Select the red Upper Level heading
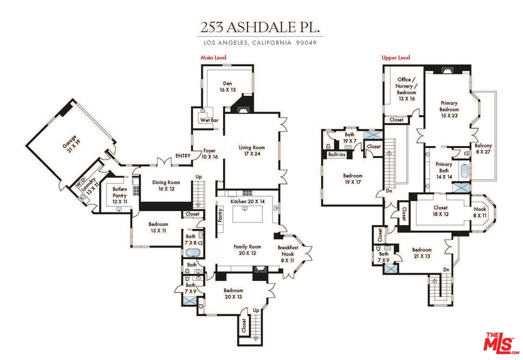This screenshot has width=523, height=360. pos(395,58)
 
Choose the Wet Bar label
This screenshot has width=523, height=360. pos(207,120)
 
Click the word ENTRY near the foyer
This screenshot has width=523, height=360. pos(182,156)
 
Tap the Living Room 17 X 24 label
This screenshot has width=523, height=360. pos(251,151)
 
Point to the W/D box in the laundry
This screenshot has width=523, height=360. pos(78,183)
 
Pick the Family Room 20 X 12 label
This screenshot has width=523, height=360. pos(247,250)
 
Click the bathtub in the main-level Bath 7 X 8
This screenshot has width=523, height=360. pos(192,251)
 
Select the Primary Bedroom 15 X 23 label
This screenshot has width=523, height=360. pos(448,109)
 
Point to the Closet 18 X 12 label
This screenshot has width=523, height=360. pos(440,211)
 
